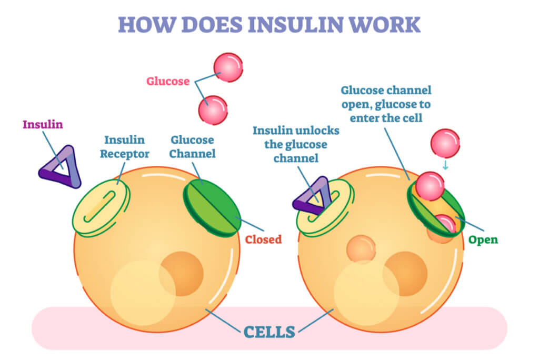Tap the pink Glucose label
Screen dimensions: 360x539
[167, 82]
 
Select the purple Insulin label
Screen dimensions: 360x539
[43, 125]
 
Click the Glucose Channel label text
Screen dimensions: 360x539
[192, 147]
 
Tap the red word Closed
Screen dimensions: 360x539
[263, 239]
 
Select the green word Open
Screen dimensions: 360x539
[483, 239]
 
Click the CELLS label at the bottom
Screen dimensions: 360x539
[269, 332]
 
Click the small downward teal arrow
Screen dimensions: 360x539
[445, 164]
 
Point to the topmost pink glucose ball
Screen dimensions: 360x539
[228, 67]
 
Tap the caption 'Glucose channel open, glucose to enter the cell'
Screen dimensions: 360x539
[386, 104]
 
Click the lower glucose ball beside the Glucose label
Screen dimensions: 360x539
[213, 110]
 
